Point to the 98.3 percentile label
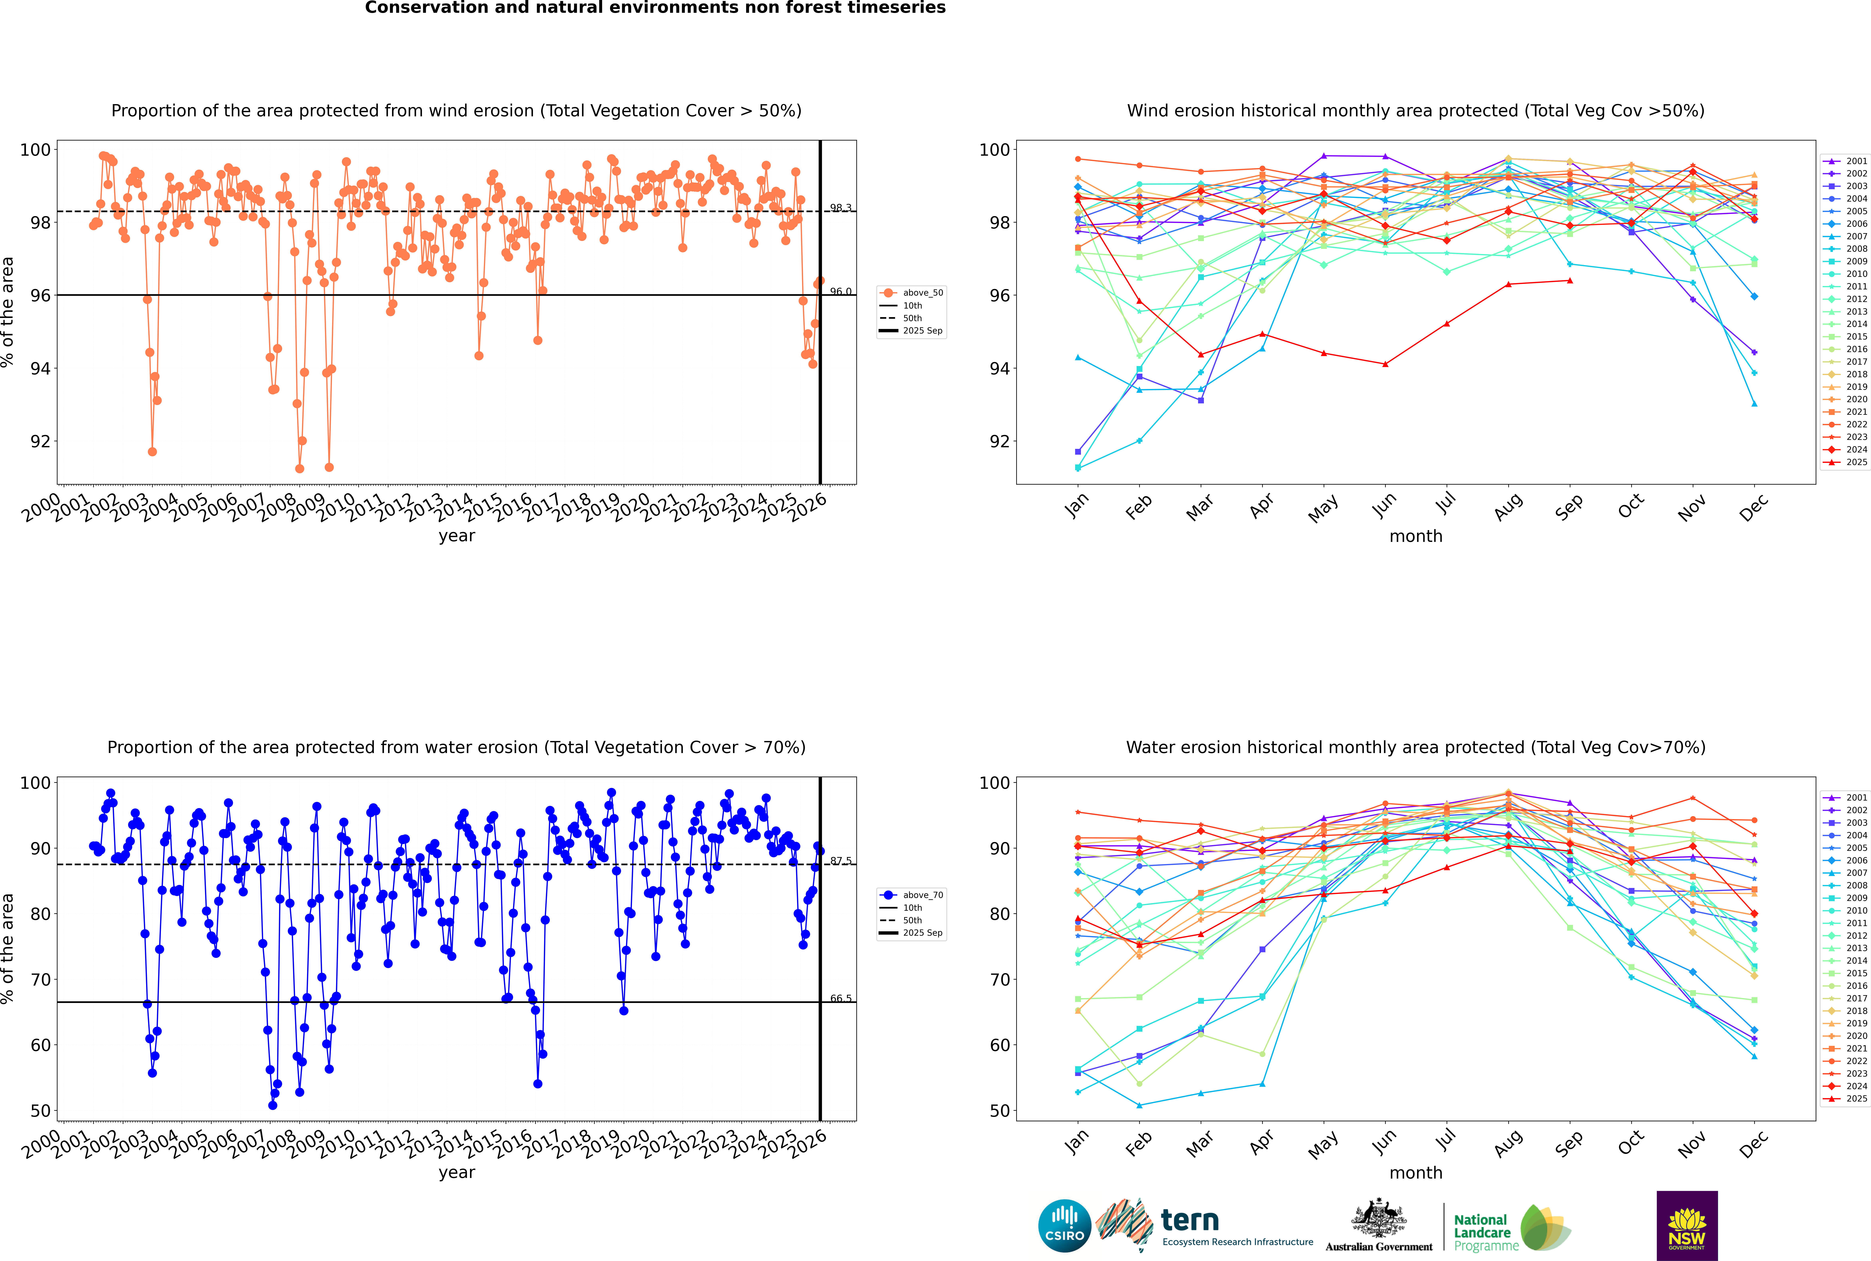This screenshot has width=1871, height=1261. tap(841, 208)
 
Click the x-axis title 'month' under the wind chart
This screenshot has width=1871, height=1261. tap(1416, 536)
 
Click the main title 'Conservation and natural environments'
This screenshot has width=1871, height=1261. tap(655, 8)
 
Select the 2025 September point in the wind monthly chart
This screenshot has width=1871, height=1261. tap(1569, 281)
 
